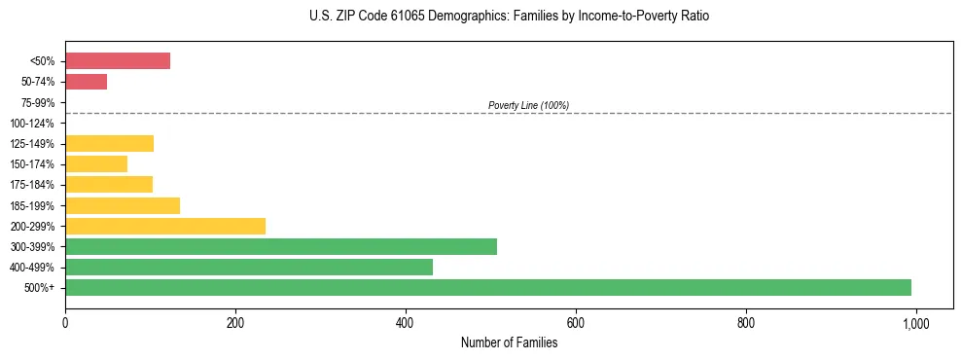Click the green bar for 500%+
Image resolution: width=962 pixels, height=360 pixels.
[x=487, y=287]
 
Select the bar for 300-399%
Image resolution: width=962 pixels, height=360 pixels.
[x=281, y=246]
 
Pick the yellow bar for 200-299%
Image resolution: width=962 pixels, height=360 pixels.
[x=165, y=226]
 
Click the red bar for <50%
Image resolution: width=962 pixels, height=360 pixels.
[x=118, y=61]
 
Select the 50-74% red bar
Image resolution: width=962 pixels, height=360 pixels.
[x=86, y=82]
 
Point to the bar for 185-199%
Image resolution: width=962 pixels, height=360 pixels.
[x=123, y=205]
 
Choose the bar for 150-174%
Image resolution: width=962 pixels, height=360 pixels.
[x=96, y=164]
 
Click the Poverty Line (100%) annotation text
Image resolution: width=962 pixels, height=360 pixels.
[x=528, y=105]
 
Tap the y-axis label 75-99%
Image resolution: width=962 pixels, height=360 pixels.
[x=38, y=103]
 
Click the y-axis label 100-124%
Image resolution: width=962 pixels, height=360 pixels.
[x=34, y=124]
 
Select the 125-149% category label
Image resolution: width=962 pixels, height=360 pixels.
[x=34, y=144]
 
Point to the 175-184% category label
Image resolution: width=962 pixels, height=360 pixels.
[x=34, y=185]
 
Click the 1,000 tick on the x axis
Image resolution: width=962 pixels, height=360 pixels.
[x=915, y=322]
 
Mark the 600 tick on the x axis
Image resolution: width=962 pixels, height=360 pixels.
[x=576, y=322]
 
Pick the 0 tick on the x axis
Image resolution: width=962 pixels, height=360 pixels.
[x=65, y=322]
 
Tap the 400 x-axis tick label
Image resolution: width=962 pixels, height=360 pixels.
[x=406, y=322]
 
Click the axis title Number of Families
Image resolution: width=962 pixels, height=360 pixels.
[x=509, y=342]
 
